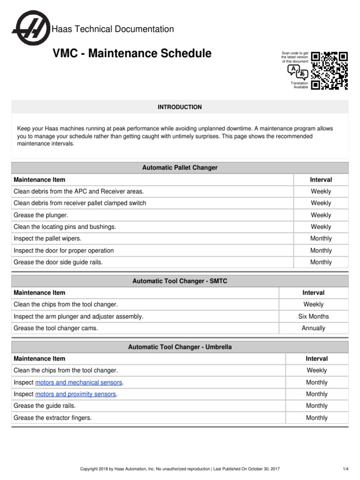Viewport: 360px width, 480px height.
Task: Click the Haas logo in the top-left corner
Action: coord(31,29)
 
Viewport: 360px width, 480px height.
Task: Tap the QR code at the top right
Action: coord(330,70)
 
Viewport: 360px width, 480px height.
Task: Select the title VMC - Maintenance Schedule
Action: coord(132,53)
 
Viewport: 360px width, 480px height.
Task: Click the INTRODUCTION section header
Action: coord(180,107)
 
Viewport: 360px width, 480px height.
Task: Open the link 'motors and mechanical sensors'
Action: coord(79,382)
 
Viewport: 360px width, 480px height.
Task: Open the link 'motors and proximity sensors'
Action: coord(75,394)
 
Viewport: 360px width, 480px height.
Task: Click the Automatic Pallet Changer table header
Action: coord(180,167)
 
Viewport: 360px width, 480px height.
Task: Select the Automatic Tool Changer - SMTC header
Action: coord(180,281)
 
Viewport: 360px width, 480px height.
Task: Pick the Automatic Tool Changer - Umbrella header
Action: coord(180,347)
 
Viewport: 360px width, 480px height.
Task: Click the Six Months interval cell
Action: coord(314,316)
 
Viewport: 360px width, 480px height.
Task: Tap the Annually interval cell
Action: coord(314,328)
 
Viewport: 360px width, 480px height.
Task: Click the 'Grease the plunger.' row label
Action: coord(41,215)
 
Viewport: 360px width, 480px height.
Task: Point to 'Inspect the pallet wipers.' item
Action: coord(47,239)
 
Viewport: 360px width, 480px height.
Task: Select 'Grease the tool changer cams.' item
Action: coord(56,328)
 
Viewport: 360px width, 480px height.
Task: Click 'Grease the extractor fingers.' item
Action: coord(52,418)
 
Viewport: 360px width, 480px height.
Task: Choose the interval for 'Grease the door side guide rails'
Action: coord(321,262)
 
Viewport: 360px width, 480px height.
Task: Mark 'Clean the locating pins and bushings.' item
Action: coord(65,227)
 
